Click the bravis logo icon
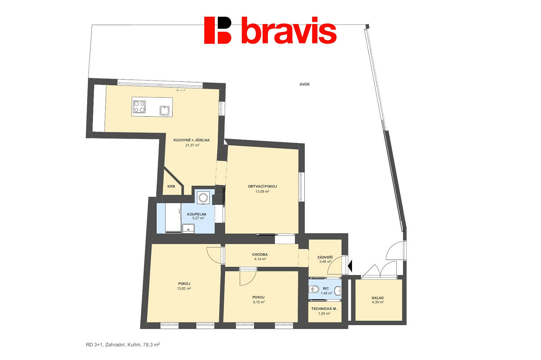pyautogui.click(x=218, y=30)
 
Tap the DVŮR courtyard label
pyautogui.click(x=304, y=84)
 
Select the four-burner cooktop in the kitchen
pyautogui.click(x=139, y=107)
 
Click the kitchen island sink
pyautogui.click(x=165, y=111)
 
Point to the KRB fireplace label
pyautogui.click(x=171, y=186)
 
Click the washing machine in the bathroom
pyautogui.click(x=203, y=198)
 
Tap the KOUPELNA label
pyautogui.click(x=197, y=214)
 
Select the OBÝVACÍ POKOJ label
pyautogui.click(x=262, y=186)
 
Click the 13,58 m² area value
pyautogui.click(x=262, y=192)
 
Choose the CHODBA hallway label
pyautogui.click(x=260, y=255)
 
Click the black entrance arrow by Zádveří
pyautogui.click(x=350, y=266)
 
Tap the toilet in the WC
pyautogui.click(x=314, y=289)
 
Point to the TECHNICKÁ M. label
pyautogui.click(x=324, y=309)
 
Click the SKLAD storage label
pyautogui.click(x=377, y=298)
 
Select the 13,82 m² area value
pyautogui.click(x=184, y=288)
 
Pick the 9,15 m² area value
pyautogui.click(x=259, y=302)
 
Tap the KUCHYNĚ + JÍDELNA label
pyautogui.click(x=192, y=140)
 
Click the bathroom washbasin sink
pyautogui.click(x=188, y=228)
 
